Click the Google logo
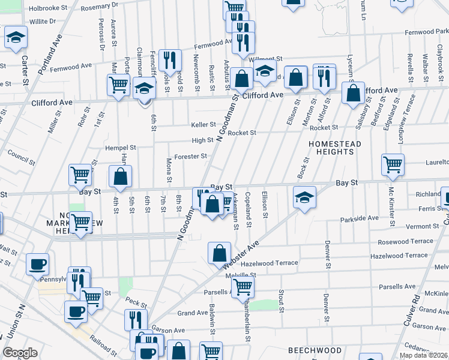[20, 353]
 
